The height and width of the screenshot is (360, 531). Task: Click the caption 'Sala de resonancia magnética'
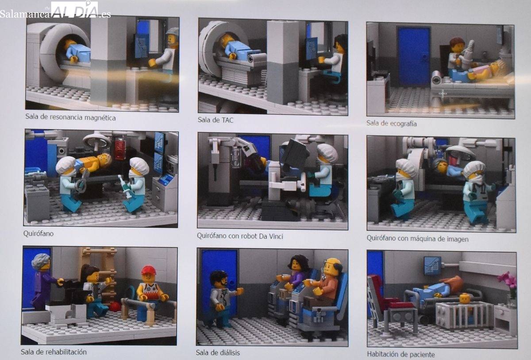point(70,117)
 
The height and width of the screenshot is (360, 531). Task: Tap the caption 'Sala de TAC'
point(215,120)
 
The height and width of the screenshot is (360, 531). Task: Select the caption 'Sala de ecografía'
point(391,123)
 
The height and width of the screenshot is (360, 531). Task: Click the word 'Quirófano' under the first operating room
point(38,234)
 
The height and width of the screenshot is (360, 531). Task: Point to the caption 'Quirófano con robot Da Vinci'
point(240,236)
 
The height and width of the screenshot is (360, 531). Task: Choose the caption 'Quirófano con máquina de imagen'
point(417,238)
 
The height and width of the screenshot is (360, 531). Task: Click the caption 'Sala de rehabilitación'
point(54,352)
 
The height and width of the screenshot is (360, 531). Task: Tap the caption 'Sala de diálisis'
point(218,352)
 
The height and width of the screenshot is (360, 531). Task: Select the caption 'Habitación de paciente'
point(401,354)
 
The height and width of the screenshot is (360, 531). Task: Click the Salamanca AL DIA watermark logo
point(55,11)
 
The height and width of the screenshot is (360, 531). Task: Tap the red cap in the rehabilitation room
point(148,270)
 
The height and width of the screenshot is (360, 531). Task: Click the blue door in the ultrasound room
point(414,57)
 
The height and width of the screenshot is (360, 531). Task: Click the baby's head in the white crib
point(465,298)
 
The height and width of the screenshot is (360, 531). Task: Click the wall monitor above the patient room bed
point(432,266)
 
